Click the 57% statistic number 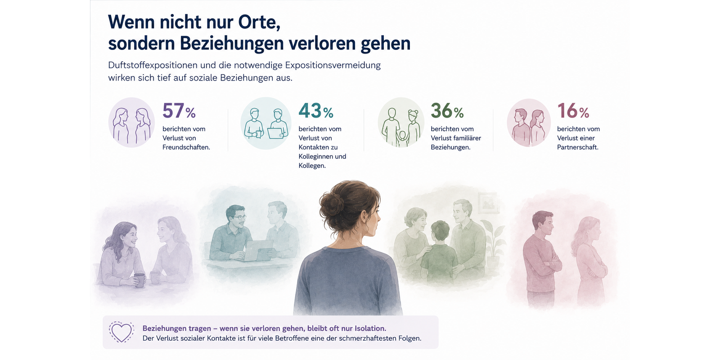coord(179,111)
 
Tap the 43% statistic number coord(316,111)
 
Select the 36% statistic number coord(447,111)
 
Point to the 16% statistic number coord(573,111)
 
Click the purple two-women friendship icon coord(131,122)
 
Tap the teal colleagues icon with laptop coord(266,123)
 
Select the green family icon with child coord(401,122)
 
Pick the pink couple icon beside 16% coord(529,123)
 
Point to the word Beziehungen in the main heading coord(232,43)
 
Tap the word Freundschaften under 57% coord(186,147)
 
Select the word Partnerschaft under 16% coord(578,147)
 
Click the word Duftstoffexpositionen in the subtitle coord(153,65)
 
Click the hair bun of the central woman coord(331,204)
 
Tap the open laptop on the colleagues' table coord(258,251)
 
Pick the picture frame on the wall coord(489,202)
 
